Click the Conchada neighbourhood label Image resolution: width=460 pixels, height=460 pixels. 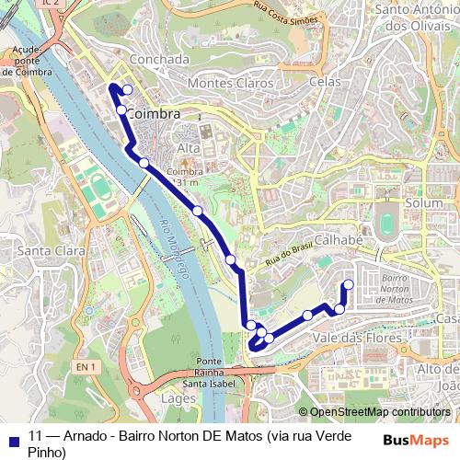coord(159,59)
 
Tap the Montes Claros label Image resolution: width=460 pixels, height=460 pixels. coord(231,83)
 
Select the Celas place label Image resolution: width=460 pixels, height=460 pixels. coord(325,82)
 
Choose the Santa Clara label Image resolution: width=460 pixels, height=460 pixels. coord(51,250)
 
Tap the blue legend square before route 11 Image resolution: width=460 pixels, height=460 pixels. coord(14,436)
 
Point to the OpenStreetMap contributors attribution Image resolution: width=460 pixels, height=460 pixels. coord(374,411)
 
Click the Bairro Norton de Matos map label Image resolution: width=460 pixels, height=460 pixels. coord(393,288)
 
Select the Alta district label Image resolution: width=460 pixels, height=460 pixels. coord(188,148)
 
